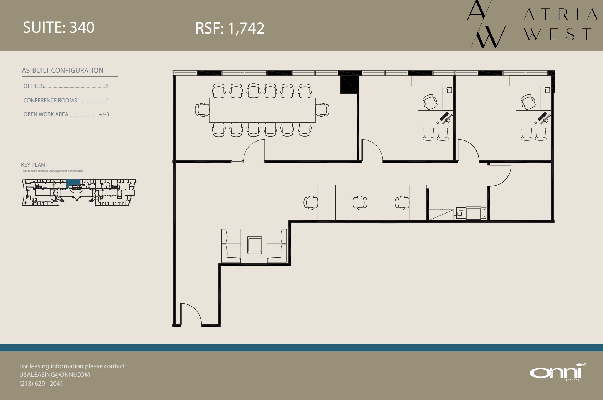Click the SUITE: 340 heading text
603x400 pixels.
58,27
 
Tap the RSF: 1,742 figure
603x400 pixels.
230,28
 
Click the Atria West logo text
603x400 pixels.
560,24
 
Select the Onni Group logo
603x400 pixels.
557,373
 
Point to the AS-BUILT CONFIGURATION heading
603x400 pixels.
63,71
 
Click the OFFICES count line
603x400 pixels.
65,86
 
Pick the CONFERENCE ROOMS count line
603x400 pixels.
66,101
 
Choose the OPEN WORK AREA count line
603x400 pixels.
66,114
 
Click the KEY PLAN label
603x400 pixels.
33,165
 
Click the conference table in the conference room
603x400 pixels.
262,110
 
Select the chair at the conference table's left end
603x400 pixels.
202,110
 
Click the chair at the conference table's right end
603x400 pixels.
322,110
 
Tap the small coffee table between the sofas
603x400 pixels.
255,245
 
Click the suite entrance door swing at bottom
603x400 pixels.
191,314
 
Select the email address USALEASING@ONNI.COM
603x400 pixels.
55,375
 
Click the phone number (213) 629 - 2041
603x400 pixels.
41,384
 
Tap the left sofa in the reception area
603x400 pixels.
231,246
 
